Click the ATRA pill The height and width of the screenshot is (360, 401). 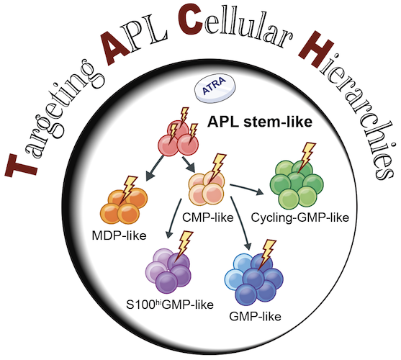coord(215,89)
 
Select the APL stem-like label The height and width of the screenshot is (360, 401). coord(260,122)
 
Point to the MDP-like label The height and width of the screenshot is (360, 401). coord(120,235)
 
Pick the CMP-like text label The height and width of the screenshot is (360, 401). coord(208,217)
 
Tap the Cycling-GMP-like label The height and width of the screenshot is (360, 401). coord(300,217)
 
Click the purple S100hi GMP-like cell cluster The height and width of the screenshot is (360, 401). coord(168,271)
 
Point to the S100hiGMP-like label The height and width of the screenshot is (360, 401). coord(170,305)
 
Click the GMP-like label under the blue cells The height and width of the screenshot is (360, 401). coord(256,316)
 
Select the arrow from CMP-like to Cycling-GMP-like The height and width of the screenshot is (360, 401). coord(247,189)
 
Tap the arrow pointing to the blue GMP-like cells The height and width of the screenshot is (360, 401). coord(240,222)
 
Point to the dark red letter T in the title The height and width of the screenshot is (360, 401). coord(21,164)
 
